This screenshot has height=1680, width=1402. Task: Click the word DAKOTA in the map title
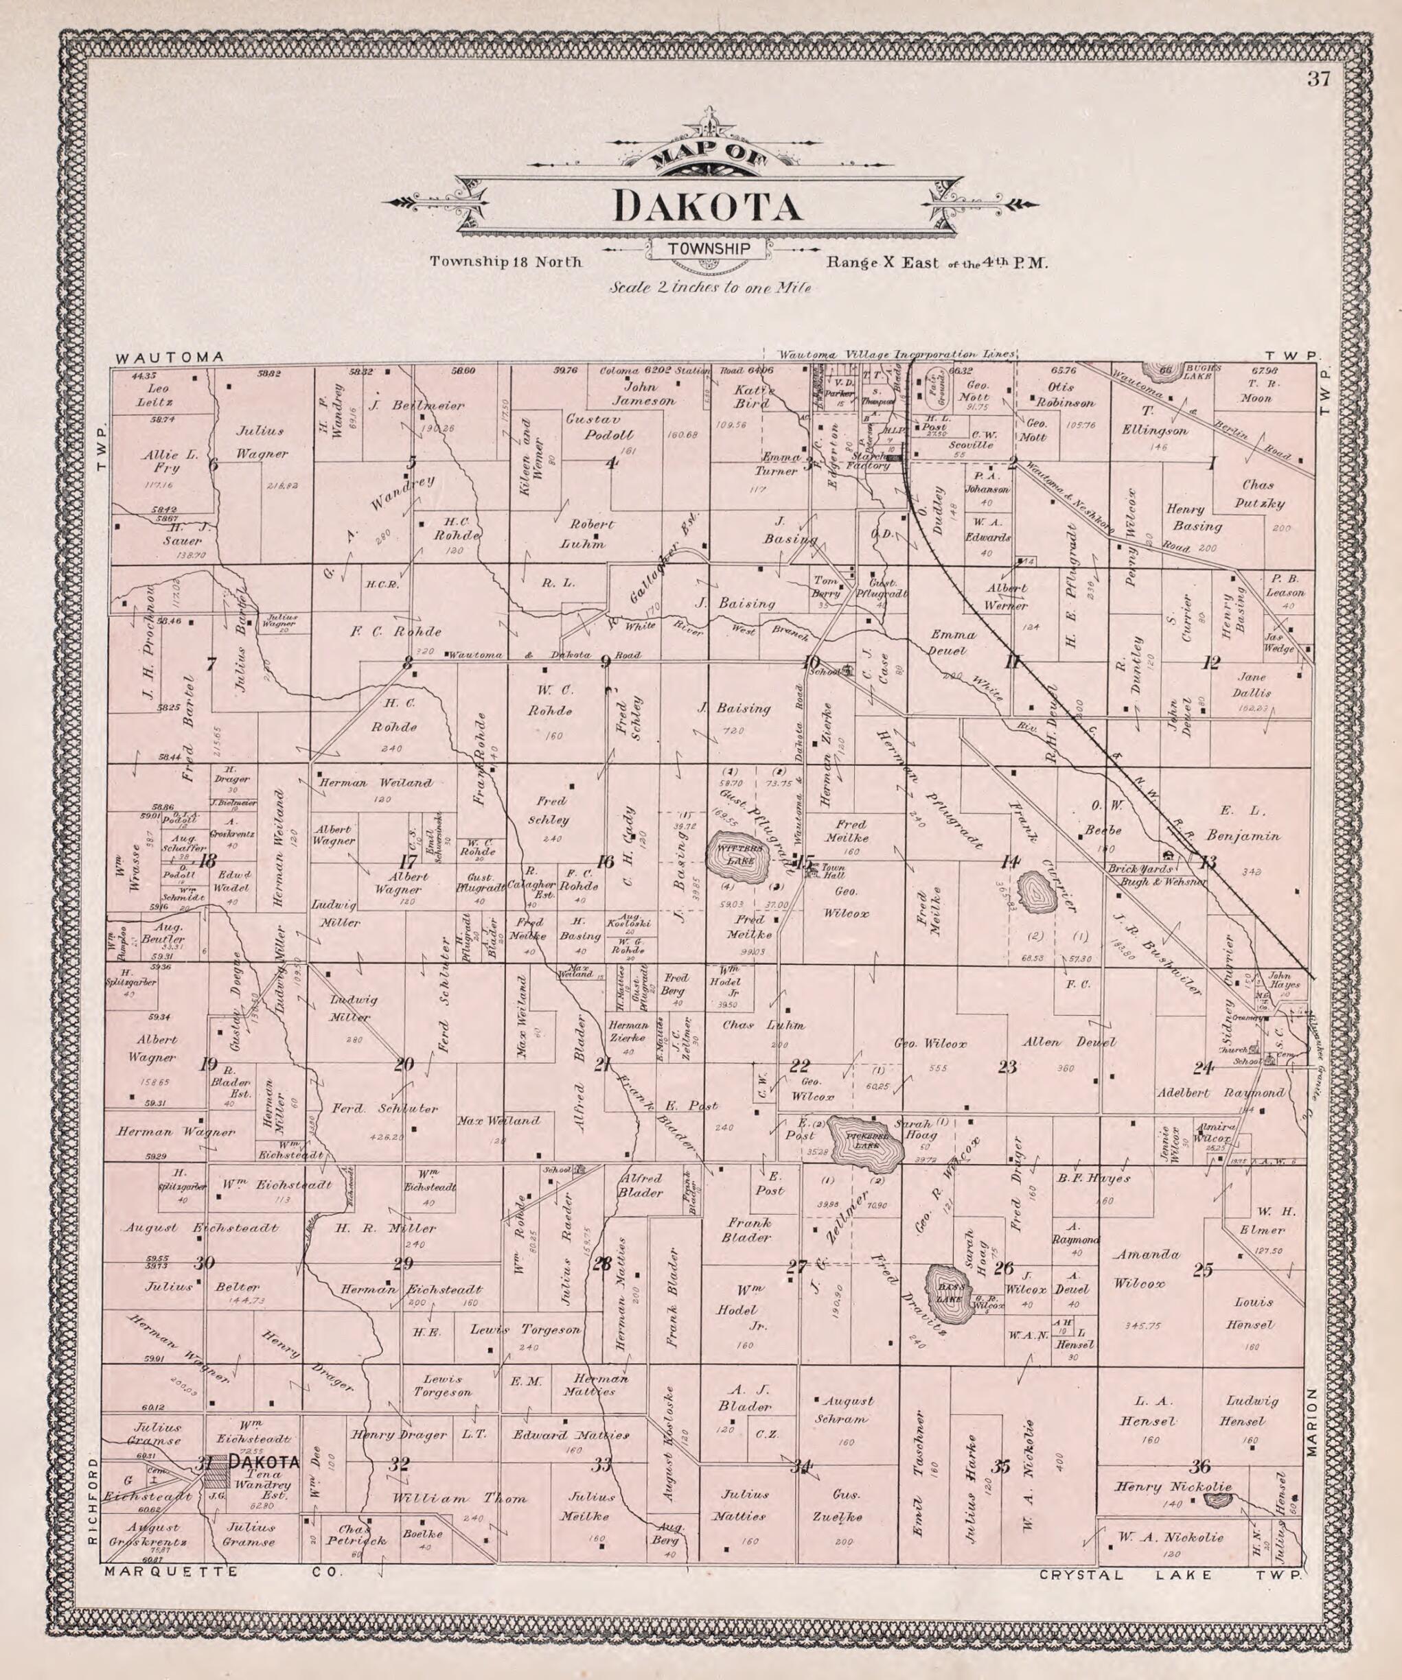pos(708,207)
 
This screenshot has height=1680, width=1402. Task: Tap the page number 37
pos(1318,79)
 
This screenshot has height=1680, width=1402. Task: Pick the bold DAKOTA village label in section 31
pos(264,1462)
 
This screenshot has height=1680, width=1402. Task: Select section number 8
pos(408,662)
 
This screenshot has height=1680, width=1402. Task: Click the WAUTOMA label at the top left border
pos(169,358)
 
